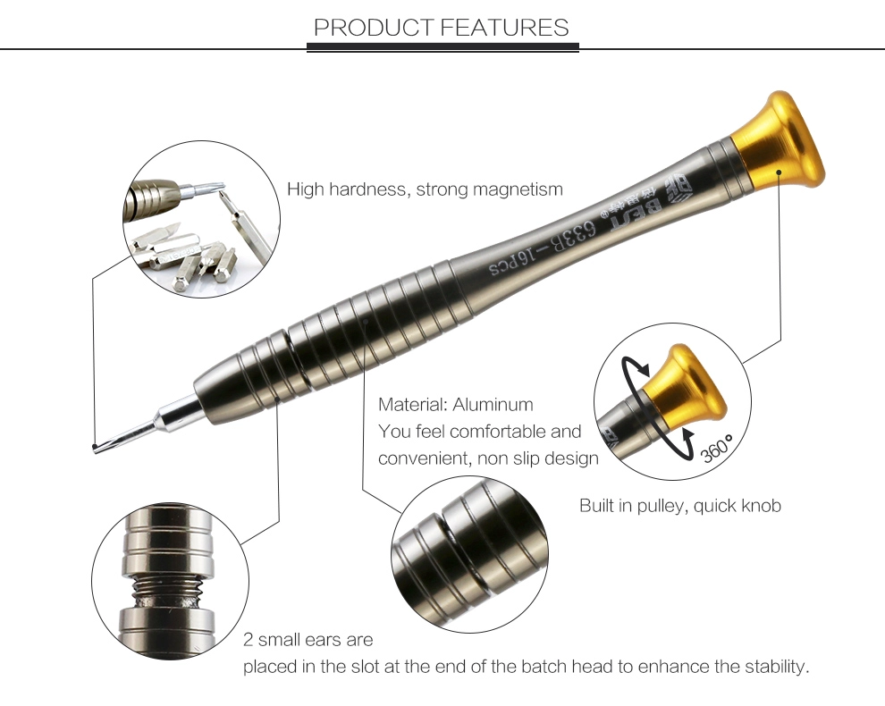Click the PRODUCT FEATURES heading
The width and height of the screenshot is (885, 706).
[x=442, y=27]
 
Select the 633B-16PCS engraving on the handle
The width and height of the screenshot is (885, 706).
[x=542, y=248]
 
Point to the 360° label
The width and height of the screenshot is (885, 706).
[x=717, y=449]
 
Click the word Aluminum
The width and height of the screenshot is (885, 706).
[x=493, y=404]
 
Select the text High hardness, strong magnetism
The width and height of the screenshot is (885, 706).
[x=425, y=189]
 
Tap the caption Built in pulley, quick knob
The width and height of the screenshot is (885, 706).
[x=680, y=505]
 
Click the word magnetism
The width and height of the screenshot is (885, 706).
[x=518, y=189]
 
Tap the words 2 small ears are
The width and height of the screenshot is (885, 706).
[x=308, y=640]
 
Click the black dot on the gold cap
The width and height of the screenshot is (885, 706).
[x=779, y=172]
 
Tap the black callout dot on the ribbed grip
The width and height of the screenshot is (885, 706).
[x=366, y=321]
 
